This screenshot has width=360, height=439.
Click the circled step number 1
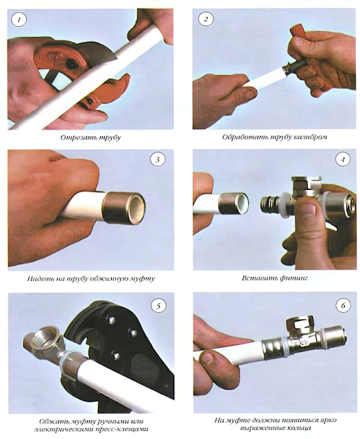coord(19,20)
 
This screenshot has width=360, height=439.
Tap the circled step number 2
coord(206,19)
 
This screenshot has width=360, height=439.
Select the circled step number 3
coord(157,160)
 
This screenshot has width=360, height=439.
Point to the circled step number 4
coord(343,160)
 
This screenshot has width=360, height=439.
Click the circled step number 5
coord(158,306)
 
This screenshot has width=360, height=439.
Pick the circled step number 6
coord(344,305)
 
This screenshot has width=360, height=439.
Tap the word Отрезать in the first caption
coord(75,138)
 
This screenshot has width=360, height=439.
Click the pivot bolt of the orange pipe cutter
coord(71,64)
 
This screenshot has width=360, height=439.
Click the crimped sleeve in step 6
coord(273,348)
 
